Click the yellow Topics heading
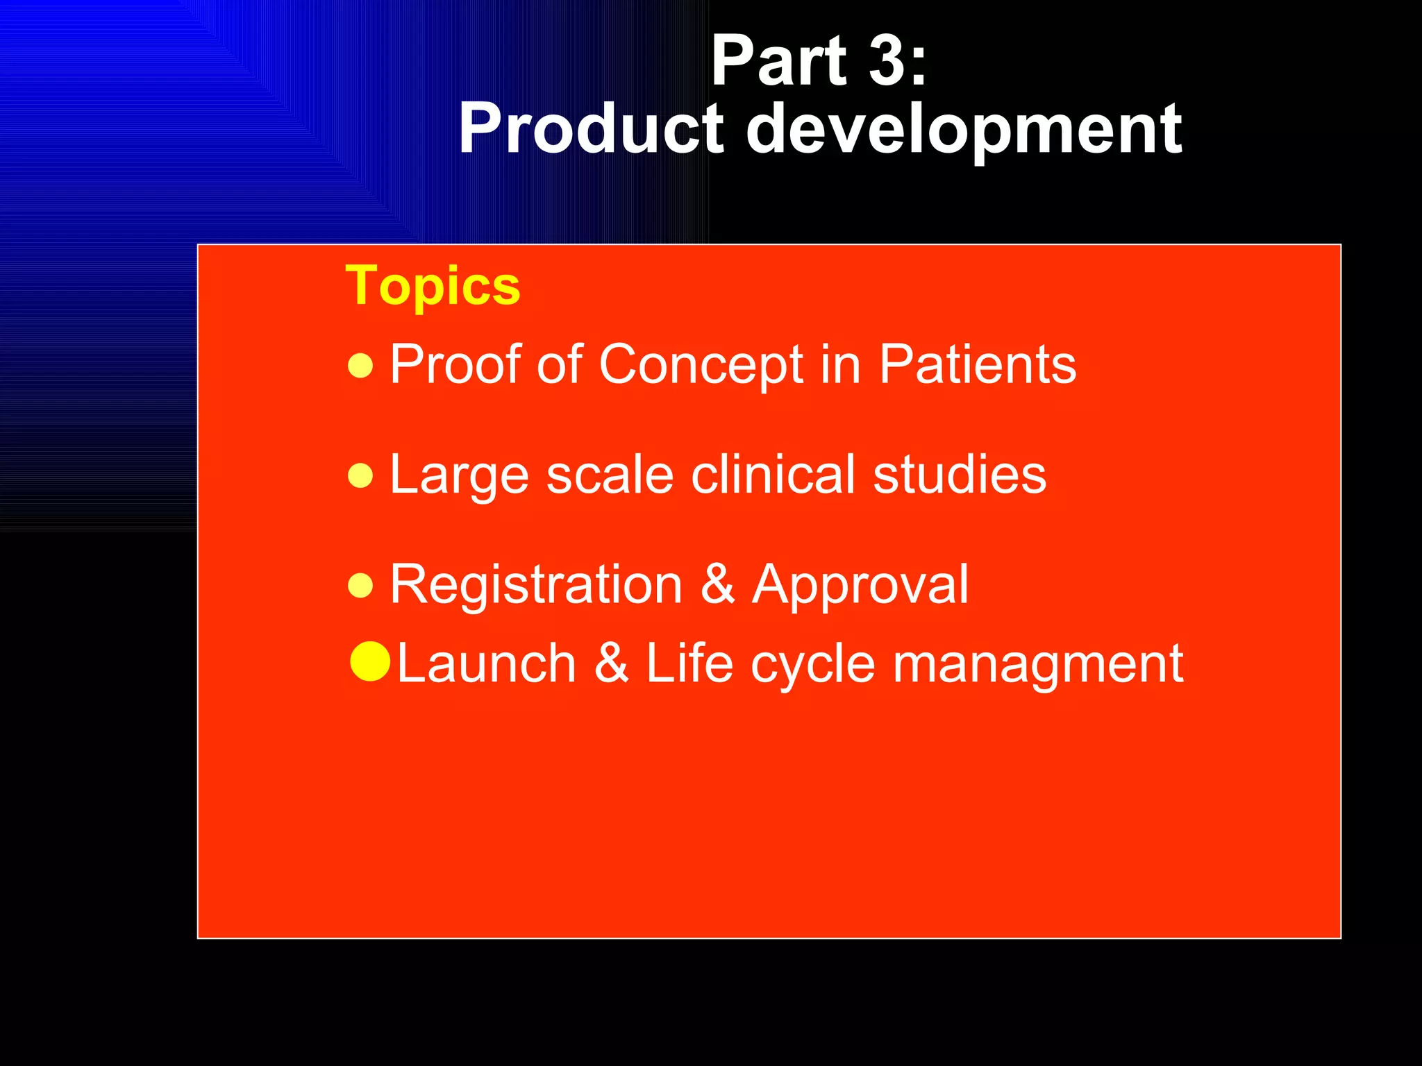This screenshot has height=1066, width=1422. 433,286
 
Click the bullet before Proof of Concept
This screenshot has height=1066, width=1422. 360,365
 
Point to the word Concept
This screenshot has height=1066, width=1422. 701,365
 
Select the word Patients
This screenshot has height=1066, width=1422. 977,364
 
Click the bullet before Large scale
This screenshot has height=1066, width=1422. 360,476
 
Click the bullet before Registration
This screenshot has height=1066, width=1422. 360,586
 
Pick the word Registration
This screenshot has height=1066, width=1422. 536,586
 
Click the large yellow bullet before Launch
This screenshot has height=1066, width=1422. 370,661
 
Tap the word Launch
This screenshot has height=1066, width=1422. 486,663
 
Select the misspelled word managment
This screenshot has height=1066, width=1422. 1037,665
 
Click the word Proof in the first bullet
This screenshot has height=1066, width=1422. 455,364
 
